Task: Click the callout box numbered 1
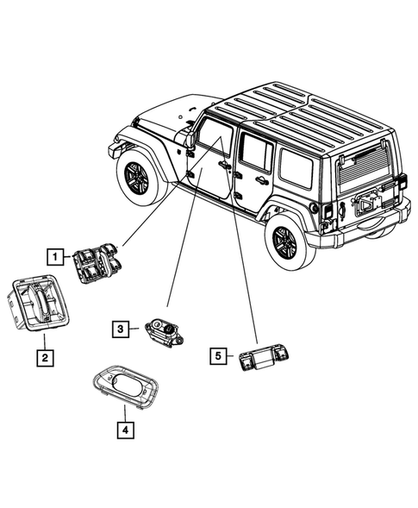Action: pyautogui.click(x=54, y=256)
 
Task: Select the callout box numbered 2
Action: pyautogui.click(x=42, y=355)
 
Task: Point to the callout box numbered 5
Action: pyautogui.click(x=219, y=354)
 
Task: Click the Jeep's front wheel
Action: pyautogui.click(x=139, y=177)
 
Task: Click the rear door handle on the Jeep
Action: pyautogui.click(x=259, y=180)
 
